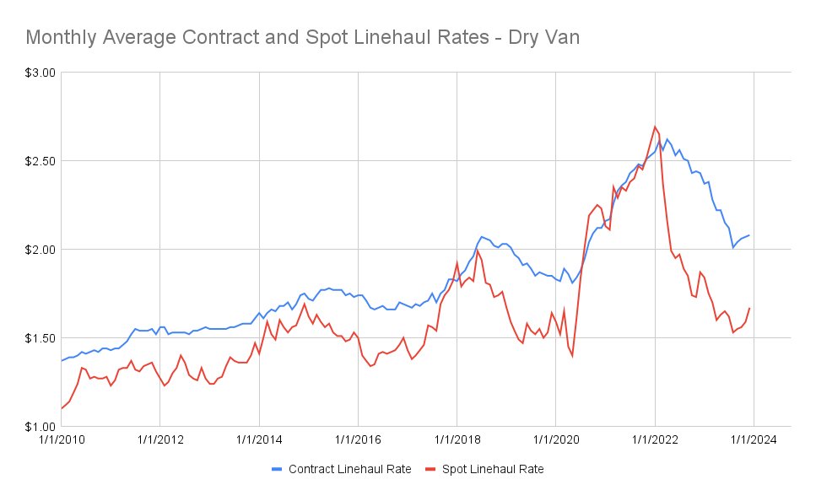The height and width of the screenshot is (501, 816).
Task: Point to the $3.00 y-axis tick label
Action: click(39, 73)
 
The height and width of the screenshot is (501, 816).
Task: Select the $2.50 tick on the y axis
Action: click(39, 161)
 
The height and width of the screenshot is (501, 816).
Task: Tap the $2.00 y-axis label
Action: click(39, 250)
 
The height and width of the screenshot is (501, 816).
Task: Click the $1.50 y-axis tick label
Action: click(39, 338)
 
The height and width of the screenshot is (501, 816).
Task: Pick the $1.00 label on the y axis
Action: click(39, 427)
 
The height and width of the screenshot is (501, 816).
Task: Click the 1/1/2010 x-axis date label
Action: click(61, 439)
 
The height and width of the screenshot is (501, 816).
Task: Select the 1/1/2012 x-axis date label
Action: click(159, 439)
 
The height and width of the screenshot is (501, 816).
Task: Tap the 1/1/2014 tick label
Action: click(259, 439)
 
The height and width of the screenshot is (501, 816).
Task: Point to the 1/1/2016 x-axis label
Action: click(358, 439)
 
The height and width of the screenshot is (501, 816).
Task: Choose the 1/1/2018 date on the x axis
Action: click(457, 439)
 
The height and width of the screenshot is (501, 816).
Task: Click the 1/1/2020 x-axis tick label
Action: click(555, 439)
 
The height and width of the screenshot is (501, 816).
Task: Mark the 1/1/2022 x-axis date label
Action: click(655, 439)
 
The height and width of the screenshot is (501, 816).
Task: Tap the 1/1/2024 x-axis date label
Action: click(754, 439)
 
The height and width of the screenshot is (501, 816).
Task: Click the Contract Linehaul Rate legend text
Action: click(350, 469)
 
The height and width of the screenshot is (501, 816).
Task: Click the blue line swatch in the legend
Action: click(278, 469)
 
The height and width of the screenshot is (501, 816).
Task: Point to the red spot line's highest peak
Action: click(655, 127)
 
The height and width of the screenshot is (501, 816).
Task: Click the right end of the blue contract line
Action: click(749, 235)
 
